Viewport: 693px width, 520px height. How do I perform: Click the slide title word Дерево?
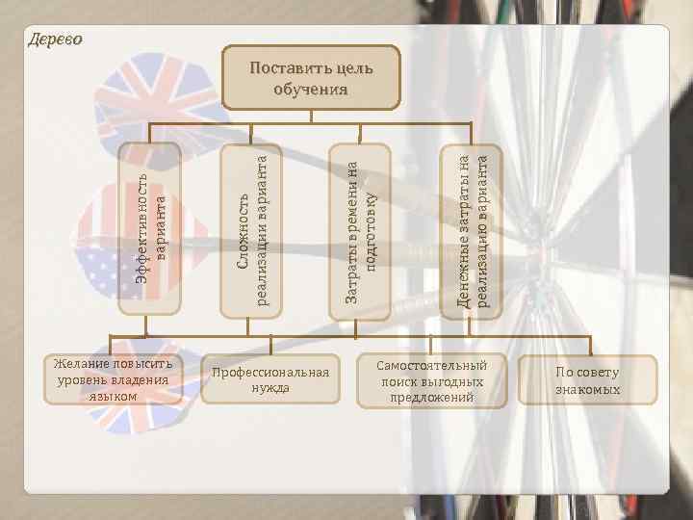(54, 39)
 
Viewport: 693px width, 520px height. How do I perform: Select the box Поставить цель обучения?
(311, 77)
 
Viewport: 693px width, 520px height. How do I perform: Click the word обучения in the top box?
(311, 90)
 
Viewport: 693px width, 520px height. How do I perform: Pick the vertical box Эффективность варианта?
(149, 228)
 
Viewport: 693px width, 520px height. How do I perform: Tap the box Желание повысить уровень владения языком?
(113, 379)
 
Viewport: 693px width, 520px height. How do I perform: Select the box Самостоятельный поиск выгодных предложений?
(431, 381)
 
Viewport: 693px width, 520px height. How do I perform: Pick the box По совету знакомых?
(587, 380)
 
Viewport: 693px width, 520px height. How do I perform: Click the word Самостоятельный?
(432, 366)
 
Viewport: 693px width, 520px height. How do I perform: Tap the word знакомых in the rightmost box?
(587, 390)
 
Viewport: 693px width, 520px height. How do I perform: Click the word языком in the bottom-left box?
(113, 396)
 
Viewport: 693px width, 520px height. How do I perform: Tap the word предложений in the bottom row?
(432, 398)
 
